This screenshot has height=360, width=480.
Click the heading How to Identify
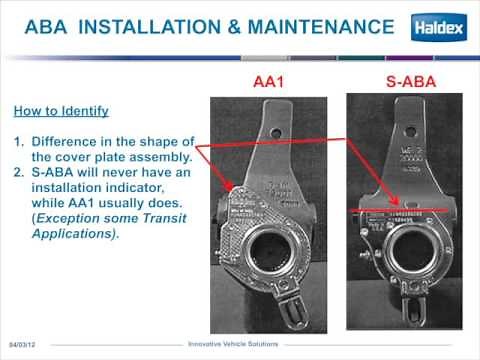60,109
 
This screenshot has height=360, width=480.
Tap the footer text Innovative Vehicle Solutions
240,344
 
